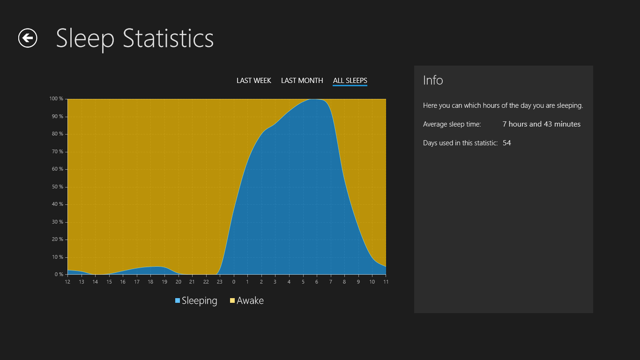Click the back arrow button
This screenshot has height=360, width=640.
coord(28,38)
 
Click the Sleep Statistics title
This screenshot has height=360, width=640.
coord(134,38)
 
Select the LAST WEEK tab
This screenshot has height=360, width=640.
coord(254,81)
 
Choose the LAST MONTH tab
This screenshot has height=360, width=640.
coord(302,81)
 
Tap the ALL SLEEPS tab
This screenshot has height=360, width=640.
coord(350,81)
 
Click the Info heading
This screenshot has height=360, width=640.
coord(433,80)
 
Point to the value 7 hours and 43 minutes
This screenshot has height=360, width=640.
coord(542,124)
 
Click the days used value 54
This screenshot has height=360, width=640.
coord(506,142)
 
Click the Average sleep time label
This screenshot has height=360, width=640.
coord(452,124)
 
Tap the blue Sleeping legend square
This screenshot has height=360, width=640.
coord(178,300)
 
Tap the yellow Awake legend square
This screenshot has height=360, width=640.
coord(232,300)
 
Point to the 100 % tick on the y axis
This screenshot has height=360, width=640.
coord(56,98)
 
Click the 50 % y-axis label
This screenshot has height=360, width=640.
coord(57,187)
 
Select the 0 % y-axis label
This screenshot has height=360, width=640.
coord(59,275)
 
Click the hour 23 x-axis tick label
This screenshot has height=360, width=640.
coord(219,282)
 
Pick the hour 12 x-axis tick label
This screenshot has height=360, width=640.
coord(67,282)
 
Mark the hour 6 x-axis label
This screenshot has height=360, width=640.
coord(317,282)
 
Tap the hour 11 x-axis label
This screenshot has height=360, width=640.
coord(386,282)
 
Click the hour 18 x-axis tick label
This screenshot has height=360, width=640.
coord(150,282)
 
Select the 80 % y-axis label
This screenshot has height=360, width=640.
coord(57,134)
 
